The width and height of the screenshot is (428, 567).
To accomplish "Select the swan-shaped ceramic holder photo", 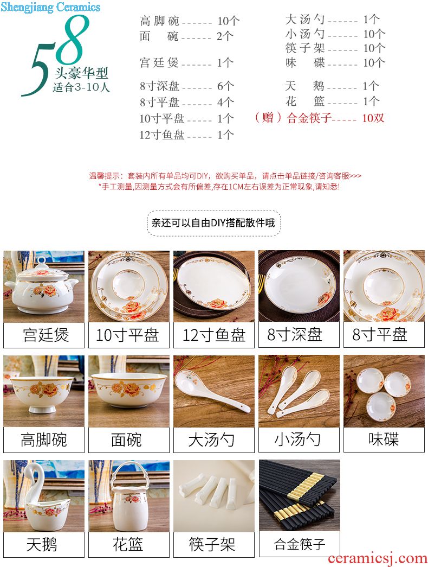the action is [44, 496].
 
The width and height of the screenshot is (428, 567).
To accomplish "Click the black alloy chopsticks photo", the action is [300, 495].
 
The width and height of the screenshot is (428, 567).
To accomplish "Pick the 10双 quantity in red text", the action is [373, 118].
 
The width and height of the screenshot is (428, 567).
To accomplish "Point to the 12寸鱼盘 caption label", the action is [214, 335].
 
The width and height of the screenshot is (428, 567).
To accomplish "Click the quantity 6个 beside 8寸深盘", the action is [225, 86].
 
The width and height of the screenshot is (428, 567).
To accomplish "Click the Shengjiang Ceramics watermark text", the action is [50, 7].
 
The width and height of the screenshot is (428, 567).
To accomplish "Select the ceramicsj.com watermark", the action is [378, 558].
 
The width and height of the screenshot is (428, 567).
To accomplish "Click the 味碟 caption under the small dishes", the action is [384, 439].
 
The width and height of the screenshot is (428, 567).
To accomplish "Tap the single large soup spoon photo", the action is [214, 391].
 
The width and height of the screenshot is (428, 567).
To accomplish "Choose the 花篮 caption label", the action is [128, 544].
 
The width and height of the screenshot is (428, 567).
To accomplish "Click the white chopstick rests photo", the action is [214, 496].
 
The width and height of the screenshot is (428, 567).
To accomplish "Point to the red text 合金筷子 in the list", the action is [309, 118].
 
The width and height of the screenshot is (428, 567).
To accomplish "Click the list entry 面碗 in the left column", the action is [159, 36].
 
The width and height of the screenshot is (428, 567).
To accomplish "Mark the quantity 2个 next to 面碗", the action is [225, 36].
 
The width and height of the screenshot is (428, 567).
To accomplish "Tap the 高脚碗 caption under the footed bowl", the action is [44, 439].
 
